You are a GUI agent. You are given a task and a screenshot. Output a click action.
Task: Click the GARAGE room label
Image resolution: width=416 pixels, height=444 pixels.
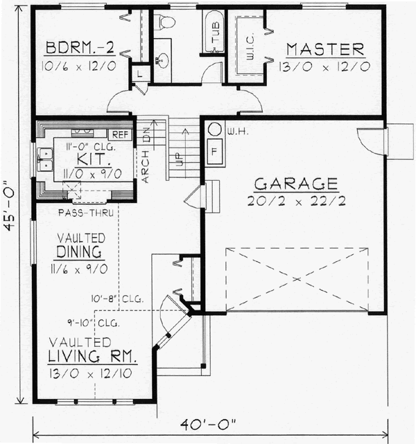click(x=296, y=184)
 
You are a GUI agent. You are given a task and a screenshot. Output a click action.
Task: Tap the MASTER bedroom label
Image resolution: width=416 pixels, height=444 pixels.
click(x=326, y=50)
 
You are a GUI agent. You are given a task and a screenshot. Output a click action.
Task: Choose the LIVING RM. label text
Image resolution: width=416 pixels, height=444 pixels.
click(x=92, y=357)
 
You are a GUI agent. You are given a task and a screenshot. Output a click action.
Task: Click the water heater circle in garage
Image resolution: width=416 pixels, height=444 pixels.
click(x=214, y=130)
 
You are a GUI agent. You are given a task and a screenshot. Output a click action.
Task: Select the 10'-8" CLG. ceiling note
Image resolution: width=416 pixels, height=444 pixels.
click(x=116, y=300)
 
